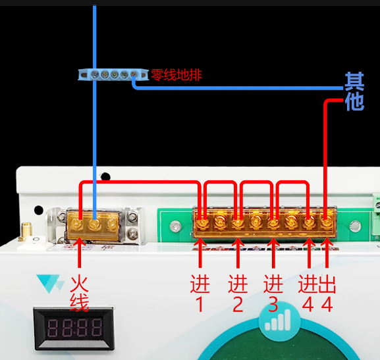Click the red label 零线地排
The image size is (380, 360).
coord(176,74)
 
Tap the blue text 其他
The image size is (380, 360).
coord(354,91)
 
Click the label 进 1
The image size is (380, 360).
coord(200,293)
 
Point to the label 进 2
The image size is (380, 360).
coord(238,293)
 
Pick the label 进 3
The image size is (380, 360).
coord(273,293)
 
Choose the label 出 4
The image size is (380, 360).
coord(327,293)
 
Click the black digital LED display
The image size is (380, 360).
coord(74,328)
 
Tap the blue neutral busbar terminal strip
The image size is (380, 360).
coord(113,74)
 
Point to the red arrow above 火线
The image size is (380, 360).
coord(79,253)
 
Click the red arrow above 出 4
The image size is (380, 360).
coord(327,253)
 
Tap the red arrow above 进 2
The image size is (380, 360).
coord(238,253)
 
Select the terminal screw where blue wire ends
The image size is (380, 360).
coord(95,224)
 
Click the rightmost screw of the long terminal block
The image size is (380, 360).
coord(327,222)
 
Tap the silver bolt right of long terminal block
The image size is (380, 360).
coord(355,226)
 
